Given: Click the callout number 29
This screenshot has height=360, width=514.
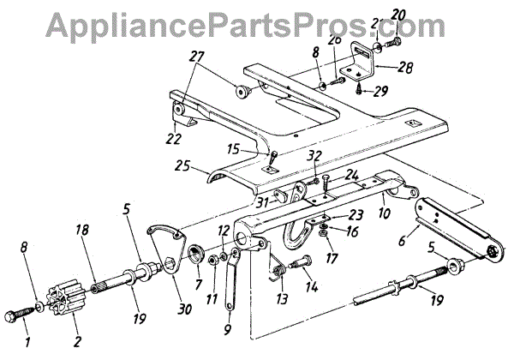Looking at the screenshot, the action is (x=380, y=89).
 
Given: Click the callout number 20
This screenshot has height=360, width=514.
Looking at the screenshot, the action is (x=398, y=14).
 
